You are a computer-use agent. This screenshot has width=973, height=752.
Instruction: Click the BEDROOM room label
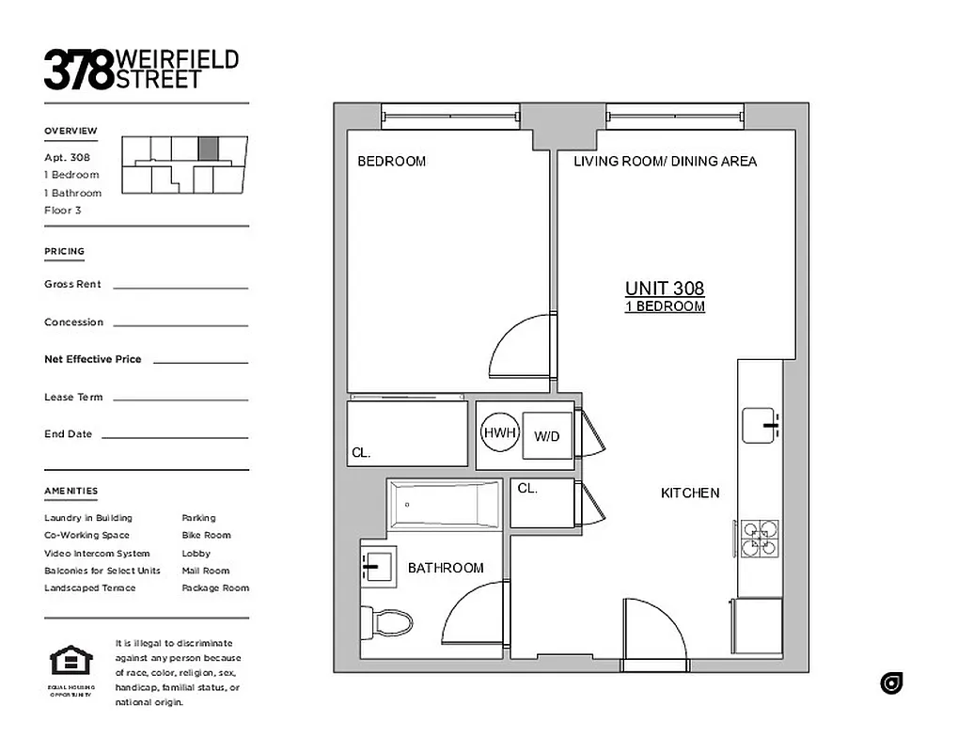pyautogui.click(x=391, y=162)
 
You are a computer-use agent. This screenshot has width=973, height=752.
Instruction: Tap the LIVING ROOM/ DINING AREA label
pyautogui.click(x=665, y=162)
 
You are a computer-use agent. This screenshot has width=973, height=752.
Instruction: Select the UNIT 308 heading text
pyautogui.click(x=665, y=289)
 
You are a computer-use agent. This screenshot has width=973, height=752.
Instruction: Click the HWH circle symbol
pyautogui.click(x=499, y=433)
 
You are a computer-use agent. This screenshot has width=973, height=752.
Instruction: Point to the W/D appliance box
pyautogui.click(x=547, y=436)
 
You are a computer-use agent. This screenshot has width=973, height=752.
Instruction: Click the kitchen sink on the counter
pyautogui.click(x=760, y=425)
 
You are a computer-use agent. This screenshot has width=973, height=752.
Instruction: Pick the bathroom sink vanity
pyautogui.click(x=379, y=566)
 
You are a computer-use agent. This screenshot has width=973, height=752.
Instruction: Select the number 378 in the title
pyautogui.click(x=78, y=70)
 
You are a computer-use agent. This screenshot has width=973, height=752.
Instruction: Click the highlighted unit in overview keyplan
pyautogui.click(x=208, y=149)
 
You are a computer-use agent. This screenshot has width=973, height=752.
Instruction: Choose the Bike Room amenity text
pyautogui.click(x=206, y=536)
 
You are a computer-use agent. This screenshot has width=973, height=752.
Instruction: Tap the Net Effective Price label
pyautogui.click(x=92, y=359)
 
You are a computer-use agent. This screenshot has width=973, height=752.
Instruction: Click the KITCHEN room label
pyautogui.click(x=690, y=493)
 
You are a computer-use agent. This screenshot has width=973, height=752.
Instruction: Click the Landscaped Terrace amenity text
pyautogui.click(x=89, y=588)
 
